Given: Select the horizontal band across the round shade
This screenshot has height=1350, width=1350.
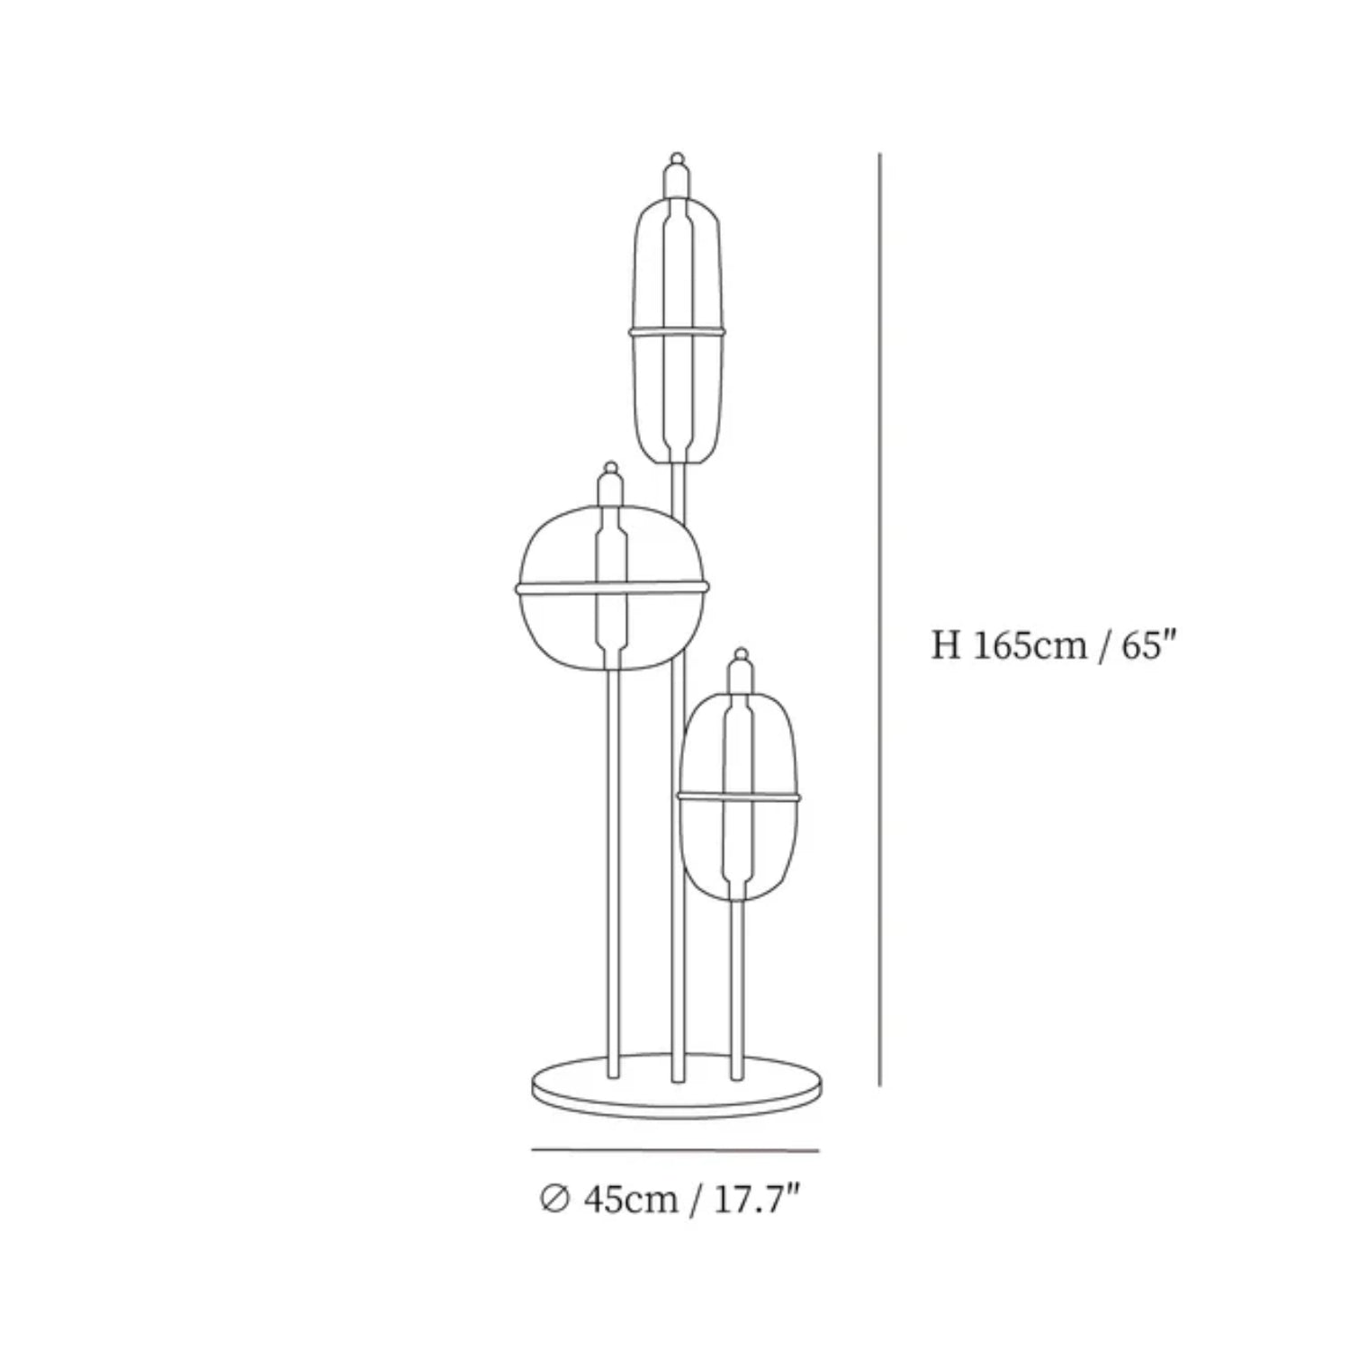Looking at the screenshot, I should (x=612, y=589).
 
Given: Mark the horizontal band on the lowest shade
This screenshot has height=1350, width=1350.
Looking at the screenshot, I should (x=739, y=796).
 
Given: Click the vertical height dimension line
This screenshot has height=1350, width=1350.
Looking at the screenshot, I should (x=879, y=621).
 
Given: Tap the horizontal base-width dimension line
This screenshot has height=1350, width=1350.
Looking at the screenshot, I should (x=675, y=1150).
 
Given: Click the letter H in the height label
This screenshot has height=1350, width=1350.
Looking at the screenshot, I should (x=946, y=645).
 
